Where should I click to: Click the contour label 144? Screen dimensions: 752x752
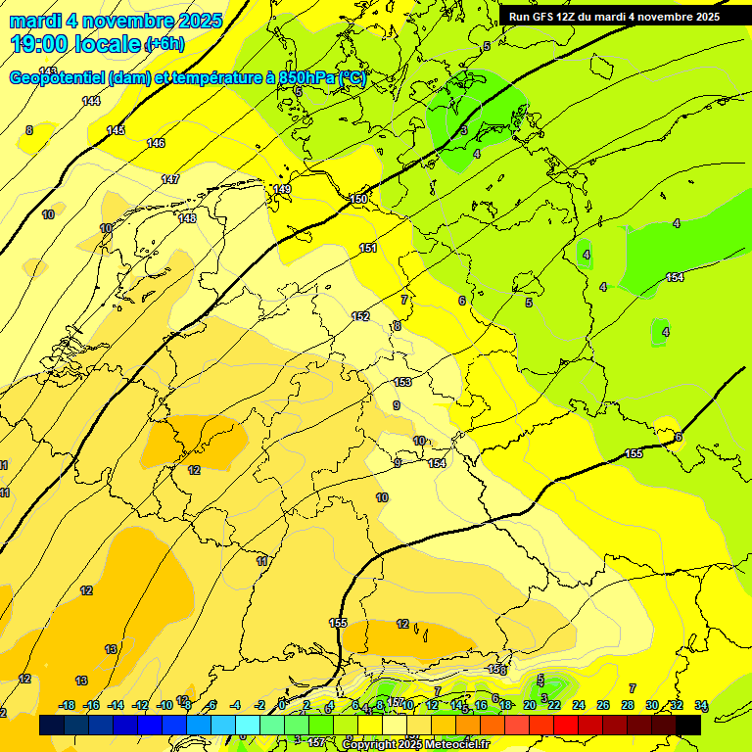(91, 101)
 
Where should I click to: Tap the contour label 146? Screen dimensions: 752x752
(156, 143)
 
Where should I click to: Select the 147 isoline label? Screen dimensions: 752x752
(171, 179)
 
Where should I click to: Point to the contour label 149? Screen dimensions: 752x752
(282, 189)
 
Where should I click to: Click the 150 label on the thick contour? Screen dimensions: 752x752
(359, 199)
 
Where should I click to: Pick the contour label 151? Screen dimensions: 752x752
(368, 248)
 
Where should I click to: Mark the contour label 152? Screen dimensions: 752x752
(361, 316)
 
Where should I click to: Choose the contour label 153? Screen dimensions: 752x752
(402, 382)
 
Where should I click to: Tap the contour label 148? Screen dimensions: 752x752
(187, 218)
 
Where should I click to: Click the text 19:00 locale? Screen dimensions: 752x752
(75, 43)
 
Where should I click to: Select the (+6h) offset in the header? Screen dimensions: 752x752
(164, 44)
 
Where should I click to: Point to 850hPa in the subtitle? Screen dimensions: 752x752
(307, 78)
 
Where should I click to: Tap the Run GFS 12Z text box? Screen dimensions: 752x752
(614, 17)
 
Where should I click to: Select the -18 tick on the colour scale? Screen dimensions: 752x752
(68, 706)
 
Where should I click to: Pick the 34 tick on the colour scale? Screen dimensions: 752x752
(701, 706)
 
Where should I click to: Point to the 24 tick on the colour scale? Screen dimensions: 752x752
(579, 706)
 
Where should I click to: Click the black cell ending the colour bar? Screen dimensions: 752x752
(688, 725)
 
